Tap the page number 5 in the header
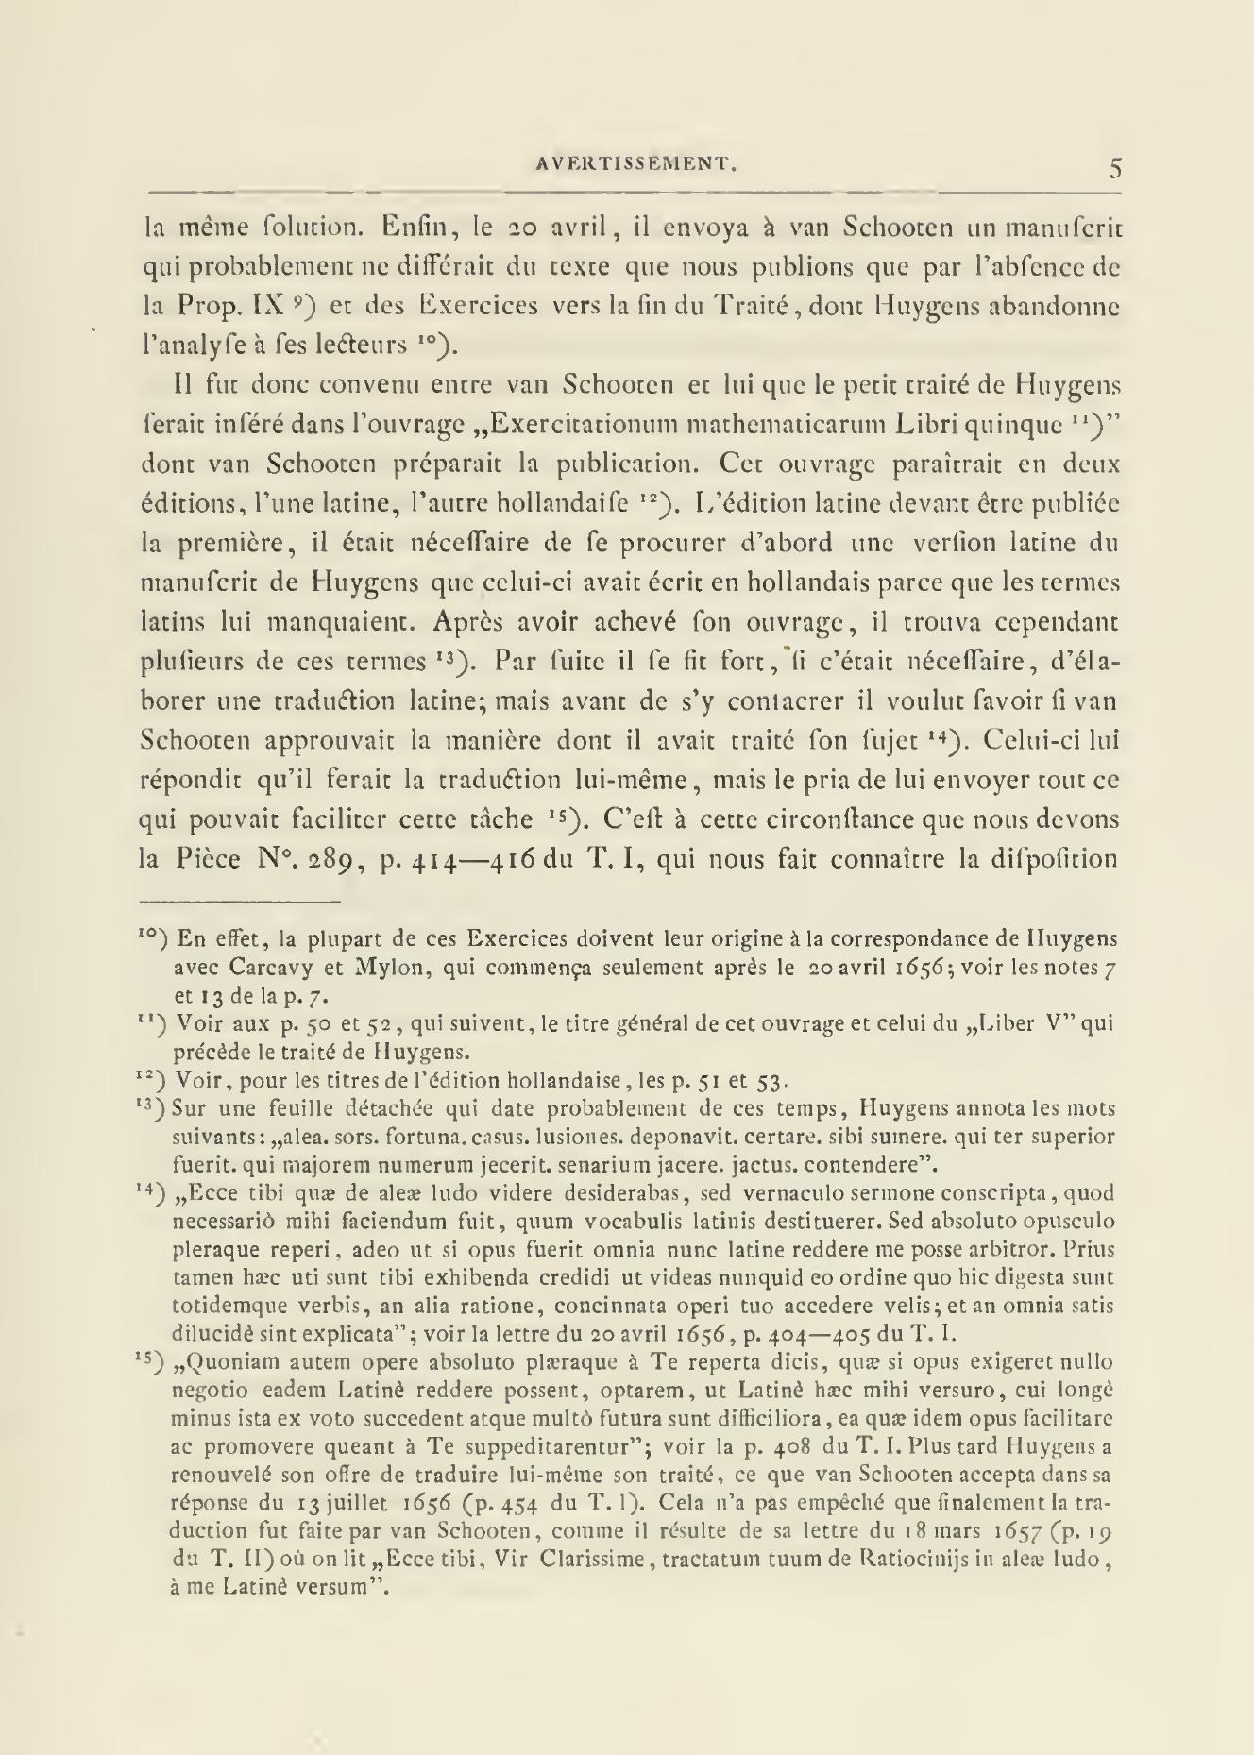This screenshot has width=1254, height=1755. tap(1115, 168)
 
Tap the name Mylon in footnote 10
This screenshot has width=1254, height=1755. tap(359, 968)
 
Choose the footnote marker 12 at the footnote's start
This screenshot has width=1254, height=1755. tap(155, 1077)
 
